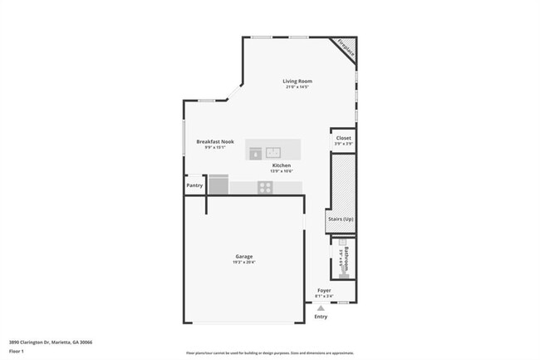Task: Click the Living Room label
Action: click(x=297, y=81)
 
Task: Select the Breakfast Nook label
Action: click(x=215, y=141)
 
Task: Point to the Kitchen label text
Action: click(x=282, y=165)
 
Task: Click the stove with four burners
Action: click(x=265, y=187)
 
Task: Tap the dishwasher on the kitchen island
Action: click(x=256, y=152)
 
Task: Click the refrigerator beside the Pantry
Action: click(x=218, y=184)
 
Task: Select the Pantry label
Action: click(x=194, y=185)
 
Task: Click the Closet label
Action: click(x=343, y=138)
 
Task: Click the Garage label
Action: click(x=243, y=256)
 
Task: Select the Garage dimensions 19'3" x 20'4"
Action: click(x=243, y=263)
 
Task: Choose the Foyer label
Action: click(x=324, y=290)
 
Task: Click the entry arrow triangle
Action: click(x=321, y=308)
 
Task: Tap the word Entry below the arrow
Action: click(x=321, y=317)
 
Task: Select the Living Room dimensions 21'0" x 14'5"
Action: click(x=297, y=86)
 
